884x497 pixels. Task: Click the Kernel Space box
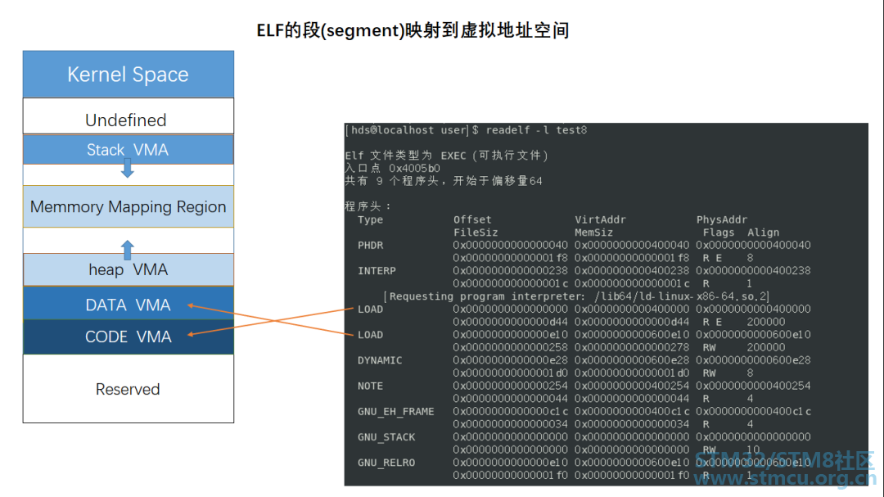(x=128, y=75)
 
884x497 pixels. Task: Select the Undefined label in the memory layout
(x=126, y=120)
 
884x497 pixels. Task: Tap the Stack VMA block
(x=128, y=150)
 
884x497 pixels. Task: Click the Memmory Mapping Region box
(x=128, y=207)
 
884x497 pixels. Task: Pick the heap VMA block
(x=128, y=269)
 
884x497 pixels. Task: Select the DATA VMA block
(x=128, y=305)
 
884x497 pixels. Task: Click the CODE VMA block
(x=128, y=337)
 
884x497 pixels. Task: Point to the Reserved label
(x=128, y=389)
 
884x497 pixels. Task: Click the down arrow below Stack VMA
(x=127, y=169)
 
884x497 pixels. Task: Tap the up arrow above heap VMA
(x=127, y=249)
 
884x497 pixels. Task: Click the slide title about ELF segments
(x=413, y=31)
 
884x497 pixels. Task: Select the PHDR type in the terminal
(x=370, y=246)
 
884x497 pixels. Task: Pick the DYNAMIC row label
(x=380, y=360)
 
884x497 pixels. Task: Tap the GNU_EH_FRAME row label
(x=395, y=412)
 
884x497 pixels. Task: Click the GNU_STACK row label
(x=386, y=437)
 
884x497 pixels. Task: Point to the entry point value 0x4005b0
(x=414, y=168)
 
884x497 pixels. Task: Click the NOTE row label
(x=370, y=386)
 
